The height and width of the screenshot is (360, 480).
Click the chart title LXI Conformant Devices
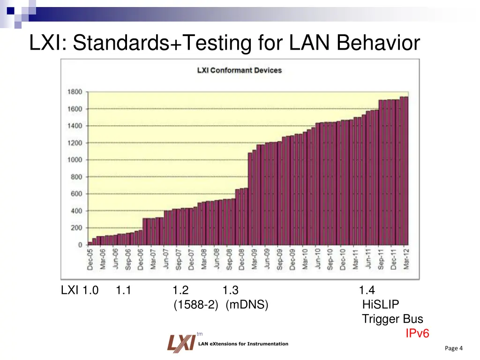tap(239, 70)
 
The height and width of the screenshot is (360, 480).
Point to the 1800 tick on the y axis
tap(75, 92)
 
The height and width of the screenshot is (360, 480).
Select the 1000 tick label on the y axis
tap(75, 160)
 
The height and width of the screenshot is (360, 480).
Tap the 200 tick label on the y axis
tap(77, 228)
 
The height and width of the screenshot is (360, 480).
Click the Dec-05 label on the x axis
tap(90, 259)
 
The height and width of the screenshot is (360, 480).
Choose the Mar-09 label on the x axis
tap(254, 259)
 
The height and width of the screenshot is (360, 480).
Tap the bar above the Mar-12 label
tap(405, 171)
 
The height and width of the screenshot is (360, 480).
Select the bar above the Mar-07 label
tap(153, 232)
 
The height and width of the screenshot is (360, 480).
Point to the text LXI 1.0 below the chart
tap(80, 291)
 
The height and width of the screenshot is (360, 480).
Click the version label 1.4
tap(367, 291)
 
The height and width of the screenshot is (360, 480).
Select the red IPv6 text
tap(417, 333)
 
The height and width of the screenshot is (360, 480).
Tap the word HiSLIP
tap(381, 305)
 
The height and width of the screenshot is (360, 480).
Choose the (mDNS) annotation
tap(247, 305)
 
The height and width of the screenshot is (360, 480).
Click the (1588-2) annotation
tap(195, 305)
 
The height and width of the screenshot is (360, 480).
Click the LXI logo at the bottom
tap(181, 343)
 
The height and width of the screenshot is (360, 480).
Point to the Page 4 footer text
tap(453, 348)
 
